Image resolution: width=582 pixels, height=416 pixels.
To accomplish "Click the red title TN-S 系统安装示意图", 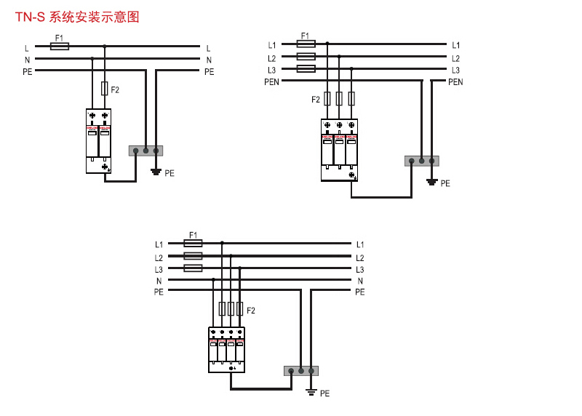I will (77, 17).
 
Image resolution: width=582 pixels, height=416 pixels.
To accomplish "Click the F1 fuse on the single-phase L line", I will (60, 46).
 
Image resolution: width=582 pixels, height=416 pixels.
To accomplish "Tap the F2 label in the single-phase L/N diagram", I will (115, 90).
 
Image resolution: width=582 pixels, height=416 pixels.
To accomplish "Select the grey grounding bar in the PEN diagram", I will (422, 161).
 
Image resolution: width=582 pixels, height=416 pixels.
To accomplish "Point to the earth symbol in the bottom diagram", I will (311, 392).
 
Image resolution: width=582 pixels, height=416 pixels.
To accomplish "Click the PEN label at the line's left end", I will (271, 82).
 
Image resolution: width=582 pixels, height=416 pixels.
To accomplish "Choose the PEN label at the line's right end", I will (455, 82).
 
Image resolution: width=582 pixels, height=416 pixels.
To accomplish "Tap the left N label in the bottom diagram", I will (159, 281).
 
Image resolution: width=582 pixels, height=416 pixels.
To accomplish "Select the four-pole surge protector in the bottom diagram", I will (226, 350).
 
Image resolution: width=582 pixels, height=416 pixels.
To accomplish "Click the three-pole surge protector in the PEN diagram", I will (339, 150).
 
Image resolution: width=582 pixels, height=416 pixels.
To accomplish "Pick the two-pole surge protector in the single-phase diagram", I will (98, 140).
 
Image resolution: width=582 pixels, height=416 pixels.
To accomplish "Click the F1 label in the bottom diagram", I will (194, 235).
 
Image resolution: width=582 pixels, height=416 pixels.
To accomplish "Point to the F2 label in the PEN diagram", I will (316, 100).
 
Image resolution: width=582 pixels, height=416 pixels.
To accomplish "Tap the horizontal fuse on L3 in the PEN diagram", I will (306, 69).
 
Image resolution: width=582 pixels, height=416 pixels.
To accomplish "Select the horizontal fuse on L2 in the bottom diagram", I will (193, 256).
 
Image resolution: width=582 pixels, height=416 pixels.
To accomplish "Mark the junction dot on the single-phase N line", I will (92, 58).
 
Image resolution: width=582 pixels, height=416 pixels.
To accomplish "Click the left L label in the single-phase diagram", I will (27, 49).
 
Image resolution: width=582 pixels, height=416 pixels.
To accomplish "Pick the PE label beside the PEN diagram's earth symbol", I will (445, 184).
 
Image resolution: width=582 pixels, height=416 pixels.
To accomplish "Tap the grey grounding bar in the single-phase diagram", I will (145, 151).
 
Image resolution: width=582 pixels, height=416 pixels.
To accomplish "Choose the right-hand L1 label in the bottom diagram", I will (360, 245).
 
